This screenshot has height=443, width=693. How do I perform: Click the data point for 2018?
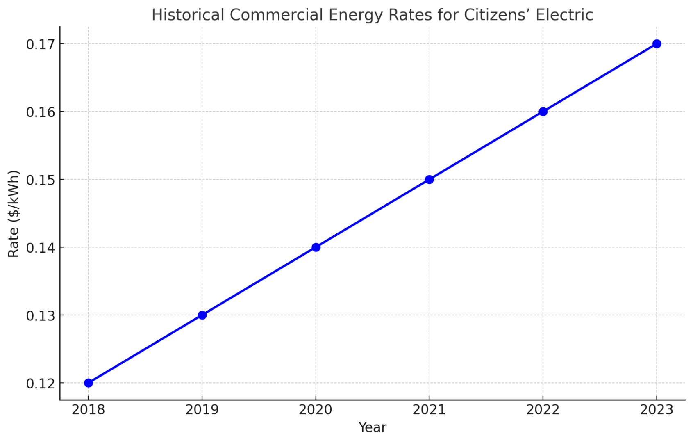pos(89,383)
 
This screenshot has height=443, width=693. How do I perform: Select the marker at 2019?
pos(202,315)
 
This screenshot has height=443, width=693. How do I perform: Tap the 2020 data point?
pos(316,247)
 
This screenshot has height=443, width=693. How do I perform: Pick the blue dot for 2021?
pos(429,179)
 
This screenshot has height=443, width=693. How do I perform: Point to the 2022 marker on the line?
pos(543,112)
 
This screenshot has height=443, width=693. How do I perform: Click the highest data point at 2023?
pos(657,44)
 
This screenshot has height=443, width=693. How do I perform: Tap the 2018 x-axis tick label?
pos(89,410)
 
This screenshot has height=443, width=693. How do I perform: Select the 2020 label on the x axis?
pos(316,410)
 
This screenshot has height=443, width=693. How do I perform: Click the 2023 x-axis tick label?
pos(657,410)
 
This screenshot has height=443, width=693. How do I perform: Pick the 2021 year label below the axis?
pos(429,410)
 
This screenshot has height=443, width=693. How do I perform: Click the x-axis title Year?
pos(372,427)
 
